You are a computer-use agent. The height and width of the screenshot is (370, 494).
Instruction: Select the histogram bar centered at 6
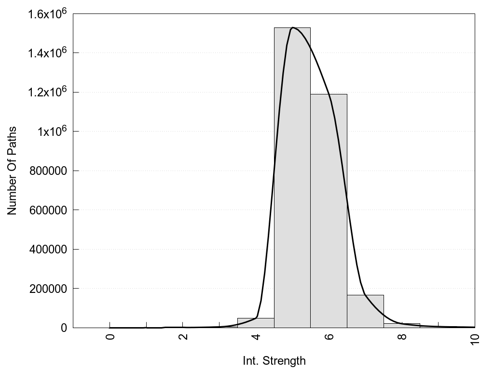pyautogui.click(x=329, y=212)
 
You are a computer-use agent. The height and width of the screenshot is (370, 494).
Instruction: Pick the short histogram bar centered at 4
pyautogui.click(x=256, y=323)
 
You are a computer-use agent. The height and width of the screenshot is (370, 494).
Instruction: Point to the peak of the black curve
pyautogui.click(x=293, y=28)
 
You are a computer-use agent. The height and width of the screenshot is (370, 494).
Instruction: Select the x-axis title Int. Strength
pyautogui.click(x=274, y=360)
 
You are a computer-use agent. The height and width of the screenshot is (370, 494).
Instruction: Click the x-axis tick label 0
pyautogui.click(x=110, y=337)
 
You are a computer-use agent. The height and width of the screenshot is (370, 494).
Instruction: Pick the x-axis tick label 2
pyautogui.click(x=183, y=337)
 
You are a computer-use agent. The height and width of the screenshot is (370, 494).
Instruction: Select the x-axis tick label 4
pyautogui.click(x=256, y=337)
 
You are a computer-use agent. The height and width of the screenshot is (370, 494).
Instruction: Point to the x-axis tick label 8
pyautogui.click(x=402, y=337)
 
